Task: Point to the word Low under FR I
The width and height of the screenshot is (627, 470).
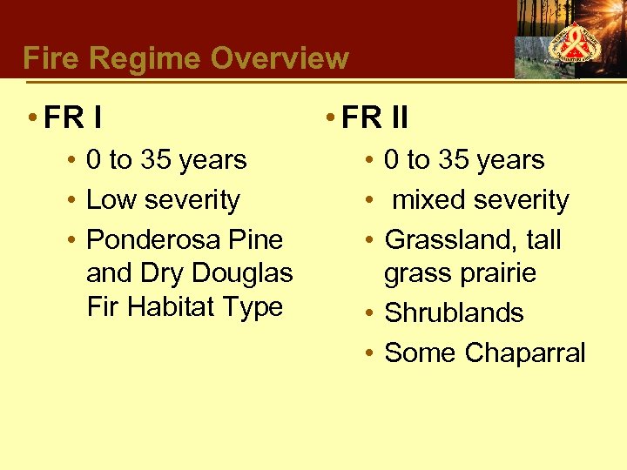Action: (111, 199)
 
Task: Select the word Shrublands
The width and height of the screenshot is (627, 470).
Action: (454, 312)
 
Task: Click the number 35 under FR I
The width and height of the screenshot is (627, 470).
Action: (155, 160)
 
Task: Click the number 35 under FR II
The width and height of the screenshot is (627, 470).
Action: (453, 160)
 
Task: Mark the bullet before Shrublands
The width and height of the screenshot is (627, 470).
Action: (369, 312)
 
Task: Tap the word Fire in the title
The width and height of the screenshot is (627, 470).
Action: (49, 59)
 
